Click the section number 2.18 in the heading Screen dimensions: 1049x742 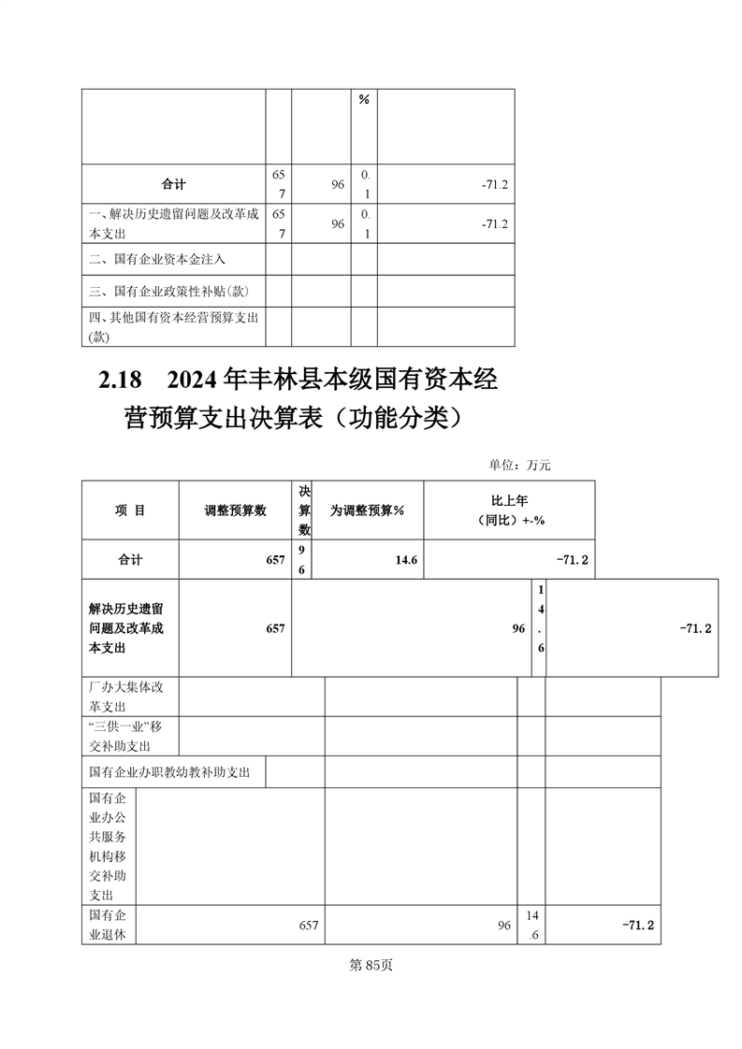click(x=119, y=381)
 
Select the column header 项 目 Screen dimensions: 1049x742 click(x=130, y=510)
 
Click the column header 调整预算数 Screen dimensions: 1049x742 click(x=235, y=510)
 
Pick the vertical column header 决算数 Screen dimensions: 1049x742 click(x=304, y=510)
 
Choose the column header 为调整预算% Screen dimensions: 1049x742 click(x=366, y=510)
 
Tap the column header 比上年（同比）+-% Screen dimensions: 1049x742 click(x=509, y=510)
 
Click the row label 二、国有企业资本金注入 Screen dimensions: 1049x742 click(x=157, y=259)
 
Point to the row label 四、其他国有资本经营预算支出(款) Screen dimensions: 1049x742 click(x=172, y=326)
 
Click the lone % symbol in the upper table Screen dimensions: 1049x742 click(x=364, y=100)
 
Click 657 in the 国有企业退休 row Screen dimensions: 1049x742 click(x=309, y=925)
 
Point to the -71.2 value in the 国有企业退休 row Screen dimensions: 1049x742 click(x=637, y=925)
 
